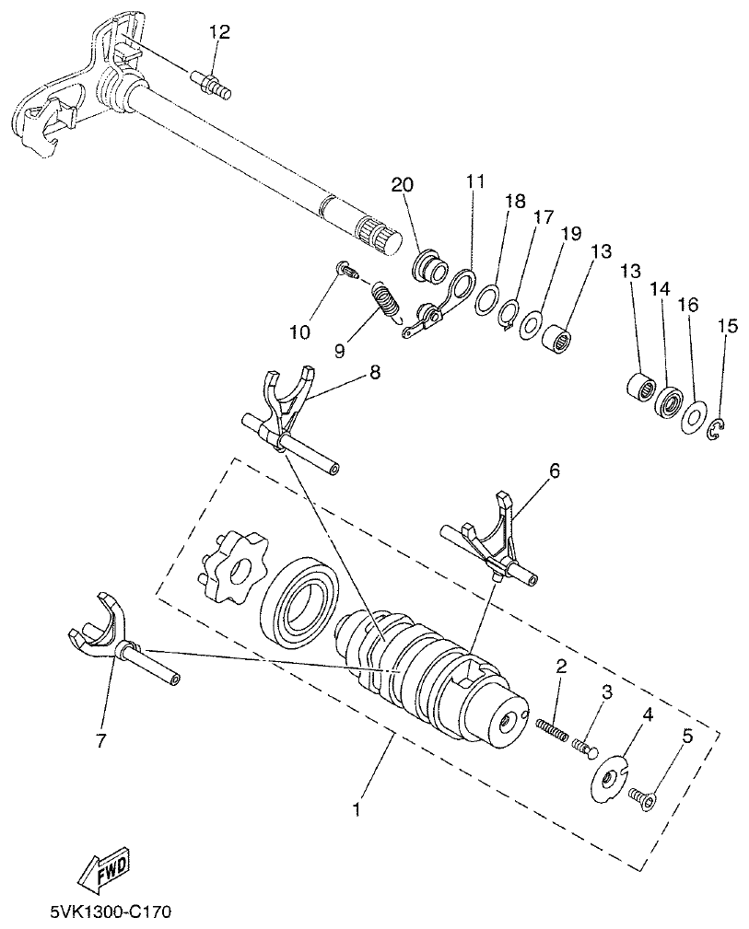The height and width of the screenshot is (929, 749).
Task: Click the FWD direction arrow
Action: (105, 870)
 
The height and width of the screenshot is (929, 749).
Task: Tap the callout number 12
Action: (218, 32)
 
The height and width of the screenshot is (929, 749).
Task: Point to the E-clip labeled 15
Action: (719, 428)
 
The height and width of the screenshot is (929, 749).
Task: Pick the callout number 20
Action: (402, 184)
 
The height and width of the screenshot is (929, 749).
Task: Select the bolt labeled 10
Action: (346, 270)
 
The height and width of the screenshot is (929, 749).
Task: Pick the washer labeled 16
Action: (693, 417)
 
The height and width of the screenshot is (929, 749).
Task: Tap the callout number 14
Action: (659, 288)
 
